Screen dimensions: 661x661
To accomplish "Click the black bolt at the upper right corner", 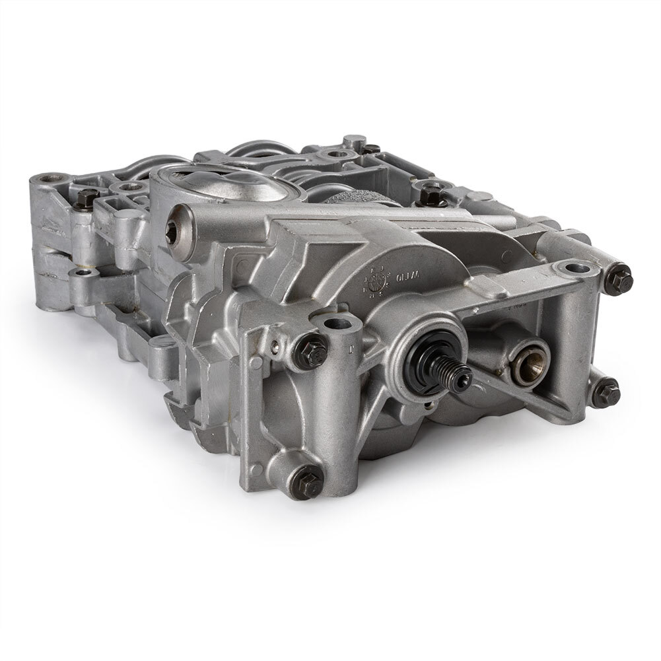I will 619,281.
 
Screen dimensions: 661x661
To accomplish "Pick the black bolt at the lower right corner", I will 607,394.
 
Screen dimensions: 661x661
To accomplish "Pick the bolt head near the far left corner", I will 85,197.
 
